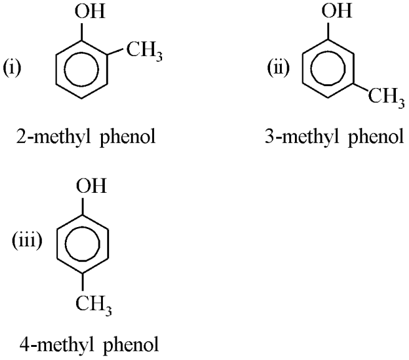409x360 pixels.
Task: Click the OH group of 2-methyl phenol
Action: (x=90, y=11)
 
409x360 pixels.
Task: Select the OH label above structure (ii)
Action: (x=337, y=11)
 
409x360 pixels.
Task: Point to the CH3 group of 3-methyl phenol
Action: (x=387, y=97)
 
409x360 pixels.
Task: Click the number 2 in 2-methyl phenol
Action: (x=21, y=136)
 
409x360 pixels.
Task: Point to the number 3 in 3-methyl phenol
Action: (x=270, y=136)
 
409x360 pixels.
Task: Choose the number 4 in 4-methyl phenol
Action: (x=25, y=344)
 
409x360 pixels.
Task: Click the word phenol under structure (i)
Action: (x=128, y=137)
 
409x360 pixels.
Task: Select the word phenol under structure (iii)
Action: (x=131, y=346)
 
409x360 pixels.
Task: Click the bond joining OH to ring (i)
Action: (x=82, y=31)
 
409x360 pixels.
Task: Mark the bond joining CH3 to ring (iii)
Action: (x=83, y=282)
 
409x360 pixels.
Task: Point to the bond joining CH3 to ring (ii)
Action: (x=361, y=87)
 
